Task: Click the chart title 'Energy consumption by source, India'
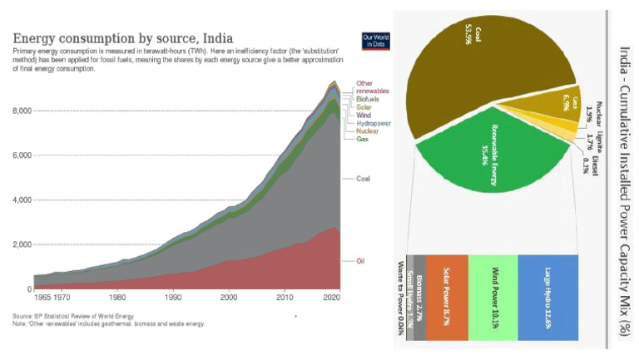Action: pos(122,38)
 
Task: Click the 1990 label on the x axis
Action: pos(173,297)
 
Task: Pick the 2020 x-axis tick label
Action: pos(334,297)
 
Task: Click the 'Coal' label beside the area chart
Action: pos(363,179)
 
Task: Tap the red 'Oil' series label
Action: pos(361,261)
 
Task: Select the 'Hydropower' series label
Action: pos(374,123)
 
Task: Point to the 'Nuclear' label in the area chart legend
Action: pos(367,131)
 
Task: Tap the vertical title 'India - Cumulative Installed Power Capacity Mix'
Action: pos(624,179)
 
